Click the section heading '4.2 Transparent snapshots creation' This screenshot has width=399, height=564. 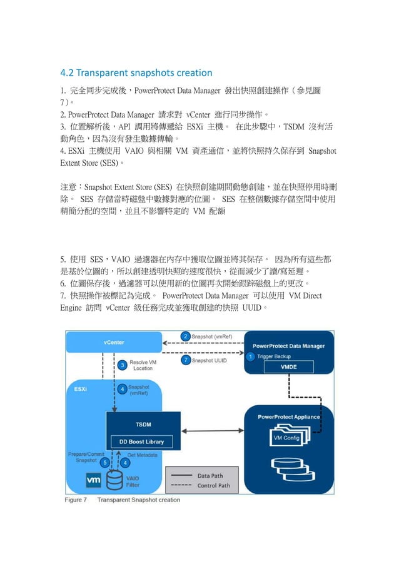pos(136,73)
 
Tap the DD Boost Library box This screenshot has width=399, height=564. pos(142,442)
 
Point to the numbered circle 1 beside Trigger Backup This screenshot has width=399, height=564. pos(250,356)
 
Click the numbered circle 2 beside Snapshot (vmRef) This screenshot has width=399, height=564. pos(186,336)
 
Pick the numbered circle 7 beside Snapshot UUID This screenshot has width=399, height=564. pos(186,360)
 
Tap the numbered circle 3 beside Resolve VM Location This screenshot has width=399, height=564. pos(123,365)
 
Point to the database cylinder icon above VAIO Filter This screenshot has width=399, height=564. pos(115,480)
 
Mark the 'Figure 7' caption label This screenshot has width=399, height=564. pos(77,500)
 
